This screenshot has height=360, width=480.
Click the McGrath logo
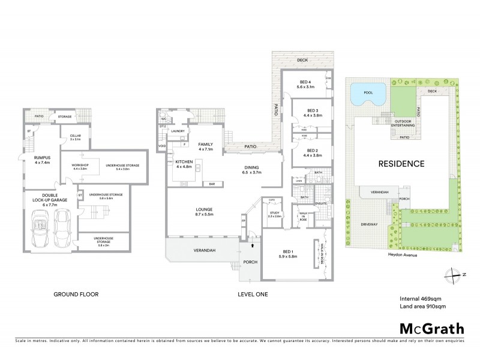(431, 328)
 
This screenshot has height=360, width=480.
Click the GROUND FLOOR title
(76, 295)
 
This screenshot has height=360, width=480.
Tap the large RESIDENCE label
(401, 163)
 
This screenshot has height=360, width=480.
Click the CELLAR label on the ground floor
(75, 137)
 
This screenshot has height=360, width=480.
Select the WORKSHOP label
(80, 166)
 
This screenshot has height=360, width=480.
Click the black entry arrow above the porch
(252, 245)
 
